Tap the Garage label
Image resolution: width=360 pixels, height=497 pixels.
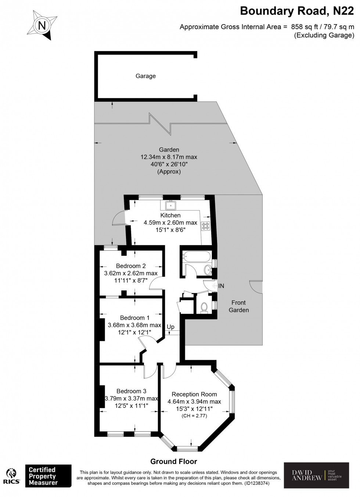click(145, 76)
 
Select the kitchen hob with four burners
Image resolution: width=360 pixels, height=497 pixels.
click(205, 226)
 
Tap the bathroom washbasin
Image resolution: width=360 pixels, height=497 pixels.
click(208, 270)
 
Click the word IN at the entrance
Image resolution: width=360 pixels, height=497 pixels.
click(221, 286)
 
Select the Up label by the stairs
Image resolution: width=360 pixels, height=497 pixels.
click(170, 327)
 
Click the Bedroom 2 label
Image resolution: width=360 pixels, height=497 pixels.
click(131, 266)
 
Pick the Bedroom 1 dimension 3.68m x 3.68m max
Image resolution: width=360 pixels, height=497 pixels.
click(134, 325)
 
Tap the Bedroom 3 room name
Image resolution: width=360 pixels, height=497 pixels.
click(131, 391)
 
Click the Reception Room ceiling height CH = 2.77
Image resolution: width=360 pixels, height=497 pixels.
click(194, 416)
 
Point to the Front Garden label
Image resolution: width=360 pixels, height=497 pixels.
click(238, 306)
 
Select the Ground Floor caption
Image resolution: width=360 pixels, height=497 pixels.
click(173, 461)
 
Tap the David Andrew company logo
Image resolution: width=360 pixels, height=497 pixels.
click(316, 475)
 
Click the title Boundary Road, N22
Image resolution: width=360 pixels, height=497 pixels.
click(297, 11)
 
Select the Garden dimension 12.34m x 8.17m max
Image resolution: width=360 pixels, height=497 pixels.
click(169, 157)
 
